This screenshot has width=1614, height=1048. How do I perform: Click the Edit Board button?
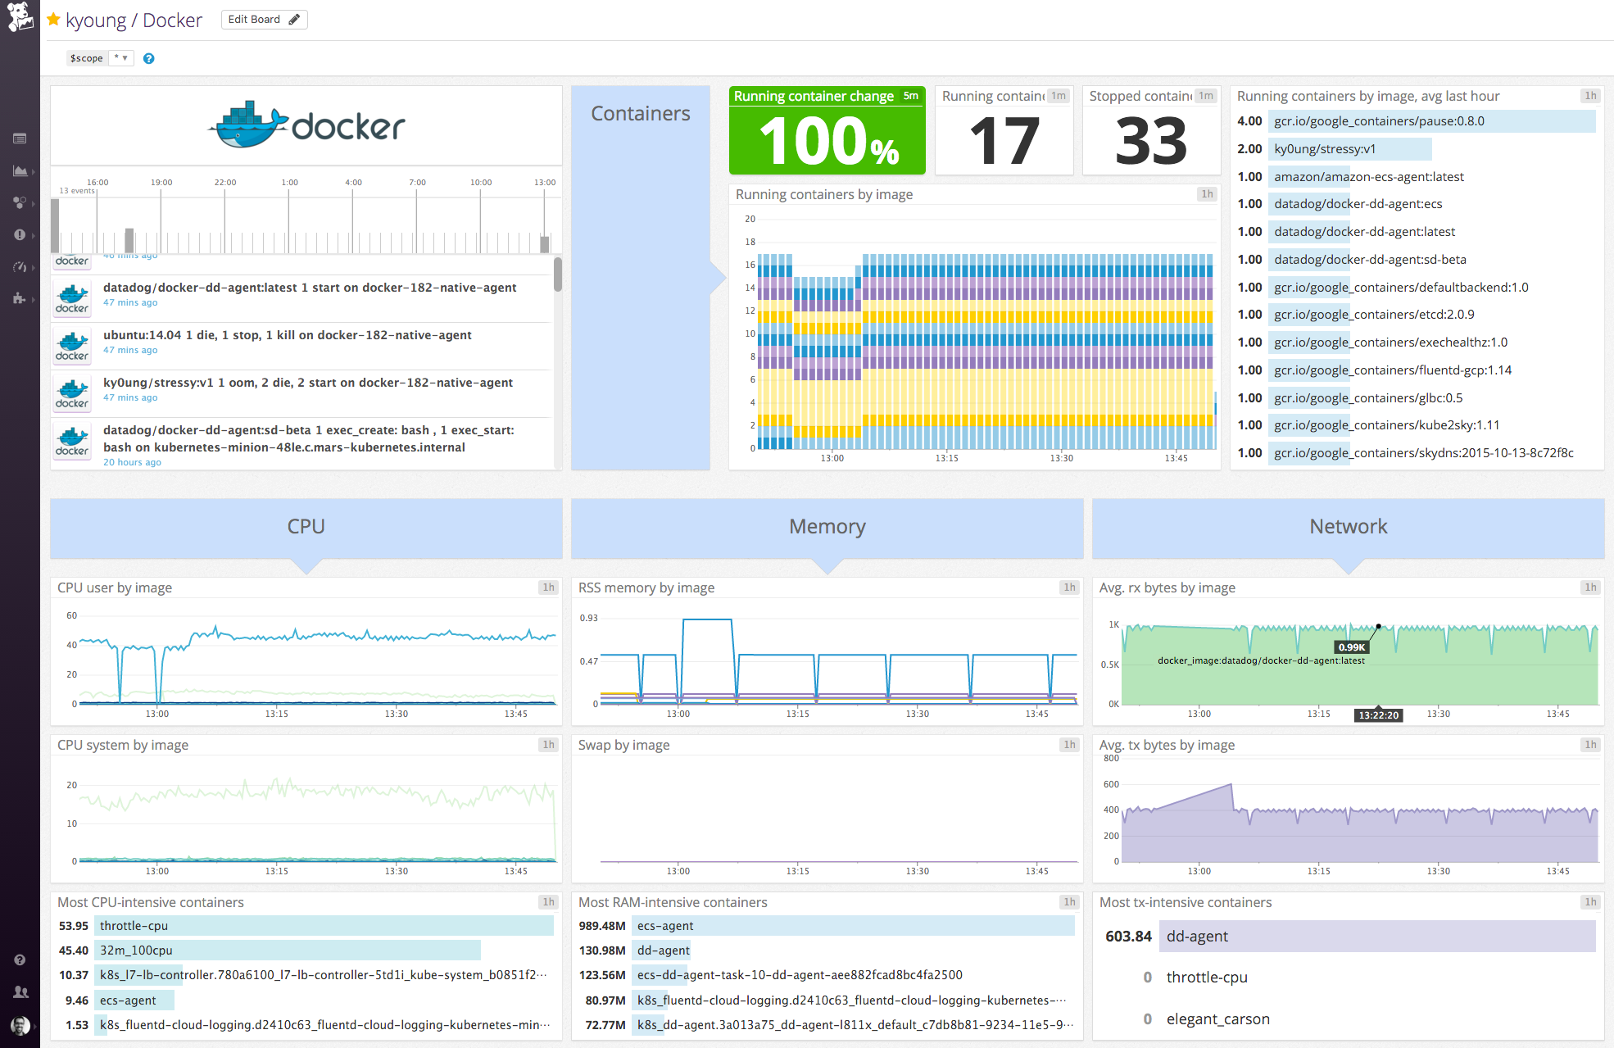264,20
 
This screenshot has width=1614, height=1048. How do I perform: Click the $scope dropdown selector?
99,58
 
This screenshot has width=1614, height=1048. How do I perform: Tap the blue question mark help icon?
148,58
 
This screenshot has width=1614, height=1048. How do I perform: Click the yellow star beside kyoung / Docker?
53,20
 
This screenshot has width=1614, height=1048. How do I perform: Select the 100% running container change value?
827,141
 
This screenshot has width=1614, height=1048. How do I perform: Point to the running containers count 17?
1004,141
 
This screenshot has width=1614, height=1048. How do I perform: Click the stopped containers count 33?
1151,141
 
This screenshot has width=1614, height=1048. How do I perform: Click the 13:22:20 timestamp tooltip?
1379,715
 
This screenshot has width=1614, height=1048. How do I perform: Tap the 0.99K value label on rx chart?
1352,647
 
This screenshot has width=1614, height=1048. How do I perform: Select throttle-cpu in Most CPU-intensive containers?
134,926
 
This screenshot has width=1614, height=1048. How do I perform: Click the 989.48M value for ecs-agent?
602,926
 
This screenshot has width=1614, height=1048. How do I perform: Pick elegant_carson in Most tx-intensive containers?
1217,1019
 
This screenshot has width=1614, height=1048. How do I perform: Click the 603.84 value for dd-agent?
1128,937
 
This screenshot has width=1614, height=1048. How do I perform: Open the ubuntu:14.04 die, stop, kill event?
287,335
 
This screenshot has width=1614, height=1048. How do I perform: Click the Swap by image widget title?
623,745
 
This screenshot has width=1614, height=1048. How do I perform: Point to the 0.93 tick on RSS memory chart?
588,618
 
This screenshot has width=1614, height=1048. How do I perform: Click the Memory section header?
827,527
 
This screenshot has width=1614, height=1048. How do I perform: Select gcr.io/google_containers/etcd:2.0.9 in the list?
1374,315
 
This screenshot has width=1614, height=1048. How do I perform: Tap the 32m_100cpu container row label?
136,950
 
